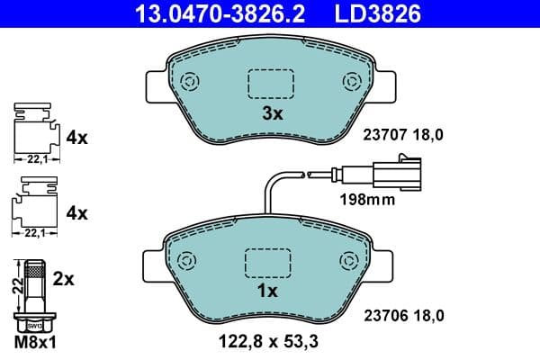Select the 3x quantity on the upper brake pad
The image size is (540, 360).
coord(272,113)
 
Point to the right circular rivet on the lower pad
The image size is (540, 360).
coord(352,261)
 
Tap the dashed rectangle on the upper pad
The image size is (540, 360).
coord(271,84)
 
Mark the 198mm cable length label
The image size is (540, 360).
coord(366,200)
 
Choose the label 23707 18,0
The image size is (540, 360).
coord(404,135)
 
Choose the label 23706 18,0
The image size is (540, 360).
coord(404,315)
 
